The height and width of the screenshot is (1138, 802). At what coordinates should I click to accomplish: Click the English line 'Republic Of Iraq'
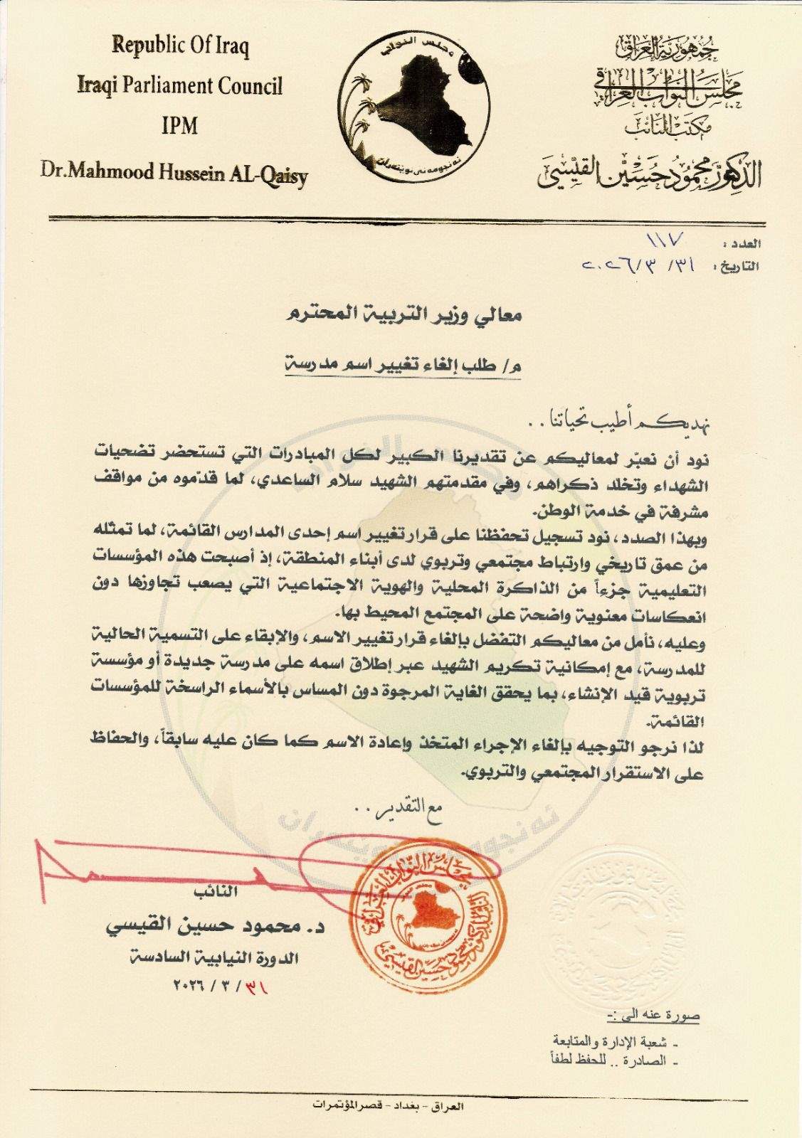click(180, 48)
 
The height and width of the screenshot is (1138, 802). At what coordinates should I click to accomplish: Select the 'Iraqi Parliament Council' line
click(180, 86)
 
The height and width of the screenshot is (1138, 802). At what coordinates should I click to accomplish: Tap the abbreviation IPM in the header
click(179, 126)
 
